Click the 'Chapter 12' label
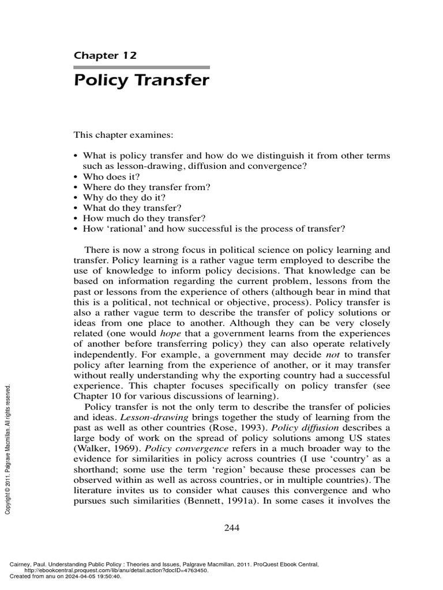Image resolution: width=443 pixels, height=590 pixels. [105, 55]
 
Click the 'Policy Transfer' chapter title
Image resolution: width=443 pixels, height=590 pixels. [141, 80]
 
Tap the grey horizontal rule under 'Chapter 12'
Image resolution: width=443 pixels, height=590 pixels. [141, 67]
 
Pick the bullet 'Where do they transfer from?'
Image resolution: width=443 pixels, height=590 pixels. [142, 188]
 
